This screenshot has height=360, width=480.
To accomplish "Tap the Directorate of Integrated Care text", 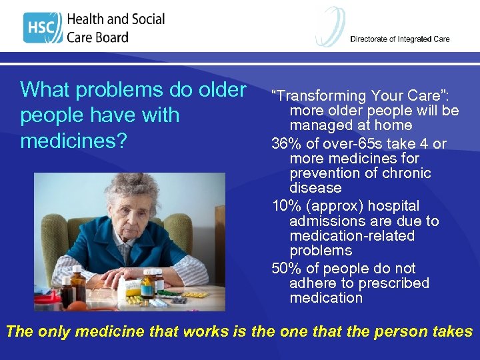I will (x=399, y=39).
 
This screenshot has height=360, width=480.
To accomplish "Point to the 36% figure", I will (x=286, y=144).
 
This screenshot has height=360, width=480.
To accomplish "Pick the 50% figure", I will (x=286, y=269).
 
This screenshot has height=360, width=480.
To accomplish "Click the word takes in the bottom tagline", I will (x=451, y=331).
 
